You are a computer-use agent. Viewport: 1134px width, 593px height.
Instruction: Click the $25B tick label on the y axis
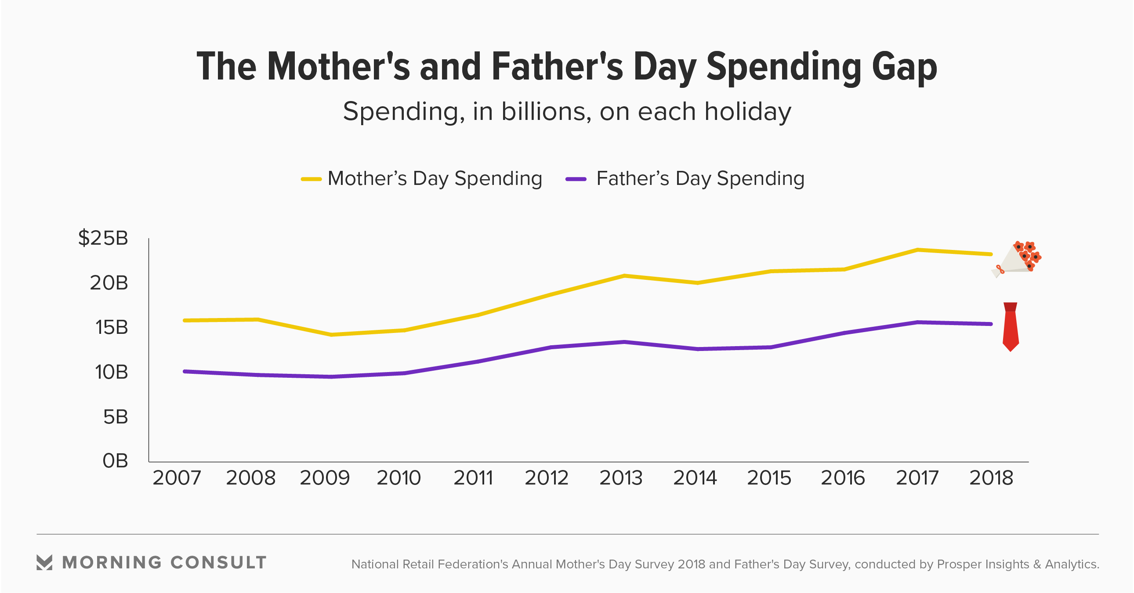coord(103,238)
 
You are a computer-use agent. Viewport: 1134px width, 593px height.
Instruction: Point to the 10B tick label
coord(111,372)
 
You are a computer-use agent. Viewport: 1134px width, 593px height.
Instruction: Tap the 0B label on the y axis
coord(115,461)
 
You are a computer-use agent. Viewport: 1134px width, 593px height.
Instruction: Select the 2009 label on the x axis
coord(324,477)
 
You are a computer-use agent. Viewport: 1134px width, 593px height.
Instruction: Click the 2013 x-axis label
coord(621,477)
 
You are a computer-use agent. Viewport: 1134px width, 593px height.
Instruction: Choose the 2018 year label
coord(991,477)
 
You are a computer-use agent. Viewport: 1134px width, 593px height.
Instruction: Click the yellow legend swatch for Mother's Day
coord(311,179)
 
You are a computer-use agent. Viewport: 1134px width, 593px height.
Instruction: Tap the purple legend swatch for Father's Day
coord(576,179)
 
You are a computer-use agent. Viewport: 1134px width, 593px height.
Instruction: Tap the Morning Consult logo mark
coord(44,562)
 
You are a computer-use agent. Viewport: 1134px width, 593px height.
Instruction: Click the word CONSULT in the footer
coord(218,563)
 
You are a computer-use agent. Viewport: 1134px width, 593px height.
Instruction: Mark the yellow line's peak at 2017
coord(917,250)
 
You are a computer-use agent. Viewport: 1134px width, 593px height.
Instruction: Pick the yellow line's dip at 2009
coord(331,335)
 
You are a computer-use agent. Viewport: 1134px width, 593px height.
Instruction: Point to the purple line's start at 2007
coord(185,372)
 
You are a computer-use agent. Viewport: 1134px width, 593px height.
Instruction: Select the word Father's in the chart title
coord(557,67)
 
